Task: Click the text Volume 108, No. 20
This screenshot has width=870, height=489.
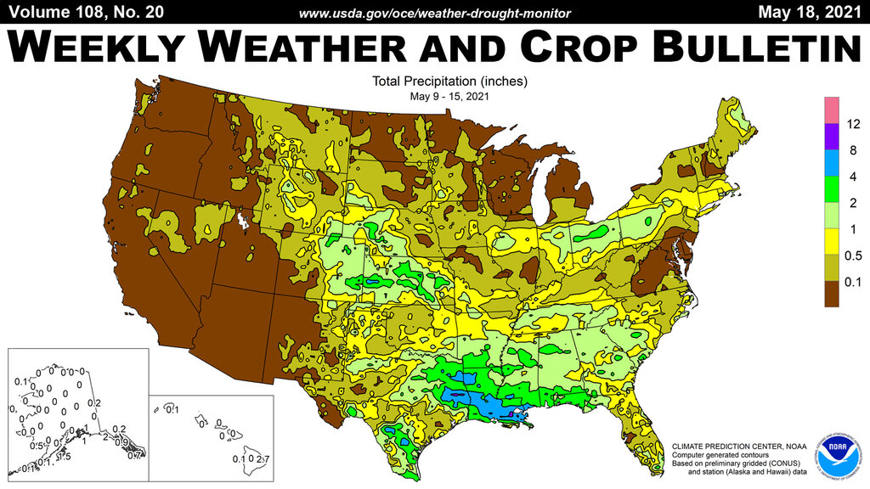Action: tap(82, 11)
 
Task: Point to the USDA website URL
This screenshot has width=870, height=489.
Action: tap(435, 12)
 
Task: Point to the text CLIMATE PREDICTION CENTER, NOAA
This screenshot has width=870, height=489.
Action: tap(728, 446)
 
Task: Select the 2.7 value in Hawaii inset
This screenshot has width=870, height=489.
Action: tap(264, 459)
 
